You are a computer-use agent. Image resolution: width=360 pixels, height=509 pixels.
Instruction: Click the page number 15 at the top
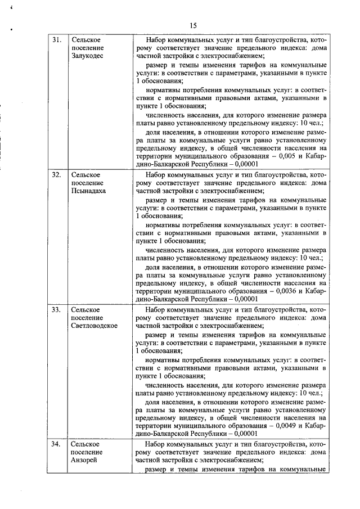pyautogui.click(x=193, y=25)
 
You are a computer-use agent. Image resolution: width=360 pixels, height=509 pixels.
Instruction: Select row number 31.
pyautogui.click(x=57, y=41)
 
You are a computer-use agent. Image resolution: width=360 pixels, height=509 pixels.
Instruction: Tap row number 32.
pyautogui.click(x=57, y=175)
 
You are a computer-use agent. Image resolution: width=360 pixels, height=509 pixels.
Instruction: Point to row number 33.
pyautogui.click(x=57, y=309)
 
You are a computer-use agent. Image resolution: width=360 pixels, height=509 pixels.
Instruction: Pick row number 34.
pyautogui.click(x=57, y=444)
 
